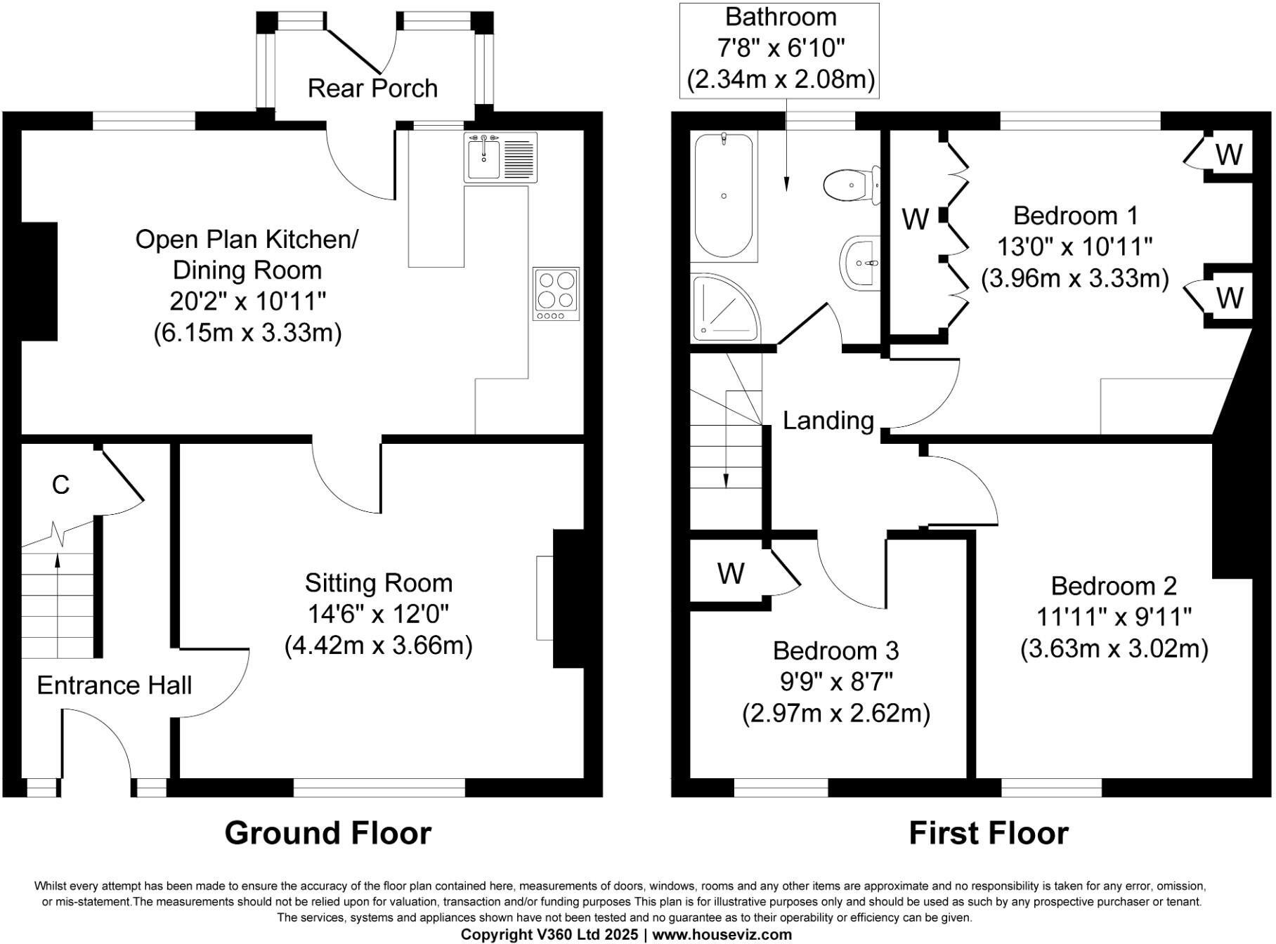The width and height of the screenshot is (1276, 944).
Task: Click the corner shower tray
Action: (x=724, y=308)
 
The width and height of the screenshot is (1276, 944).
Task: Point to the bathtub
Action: (x=724, y=195)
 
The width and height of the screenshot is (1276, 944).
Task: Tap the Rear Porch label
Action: (x=372, y=88)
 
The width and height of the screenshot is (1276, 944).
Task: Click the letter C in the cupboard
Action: (x=61, y=485)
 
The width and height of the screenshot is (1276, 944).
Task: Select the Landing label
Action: (x=828, y=420)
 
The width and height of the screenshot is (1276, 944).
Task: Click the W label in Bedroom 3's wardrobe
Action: (x=731, y=574)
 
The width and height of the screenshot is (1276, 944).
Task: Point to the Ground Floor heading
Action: (x=327, y=833)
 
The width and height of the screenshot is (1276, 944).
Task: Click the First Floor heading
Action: (x=988, y=833)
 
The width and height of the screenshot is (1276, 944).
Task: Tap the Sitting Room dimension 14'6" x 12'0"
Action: (x=378, y=614)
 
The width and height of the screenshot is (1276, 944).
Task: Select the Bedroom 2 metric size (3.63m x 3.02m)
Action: (x=1114, y=648)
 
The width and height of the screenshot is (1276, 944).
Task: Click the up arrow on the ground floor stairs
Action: (x=58, y=560)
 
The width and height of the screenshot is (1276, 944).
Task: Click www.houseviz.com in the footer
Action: (x=722, y=935)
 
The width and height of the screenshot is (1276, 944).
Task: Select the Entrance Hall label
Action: (x=114, y=686)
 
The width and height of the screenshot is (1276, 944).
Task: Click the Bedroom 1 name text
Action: (x=1075, y=215)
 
